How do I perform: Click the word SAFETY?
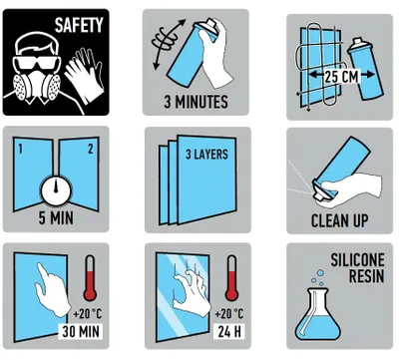(79, 25)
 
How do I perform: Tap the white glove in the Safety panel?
(84, 75)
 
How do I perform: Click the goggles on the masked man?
(37, 63)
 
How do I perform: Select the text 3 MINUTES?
(197, 102)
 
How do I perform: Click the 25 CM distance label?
(341, 77)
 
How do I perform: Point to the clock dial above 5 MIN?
(56, 190)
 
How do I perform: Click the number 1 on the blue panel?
(21, 149)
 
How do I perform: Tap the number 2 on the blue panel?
(91, 149)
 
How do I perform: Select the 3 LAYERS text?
(206, 155)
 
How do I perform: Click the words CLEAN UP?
(340, 220)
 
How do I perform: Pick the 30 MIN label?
(81, 331)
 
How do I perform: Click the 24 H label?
(228, 331)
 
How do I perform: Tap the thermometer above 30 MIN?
(90, 278)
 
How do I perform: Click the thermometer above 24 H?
(231, 278)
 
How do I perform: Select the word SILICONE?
(358, 260)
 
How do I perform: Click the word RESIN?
(367, 276)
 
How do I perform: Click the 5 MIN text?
(56, 218)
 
